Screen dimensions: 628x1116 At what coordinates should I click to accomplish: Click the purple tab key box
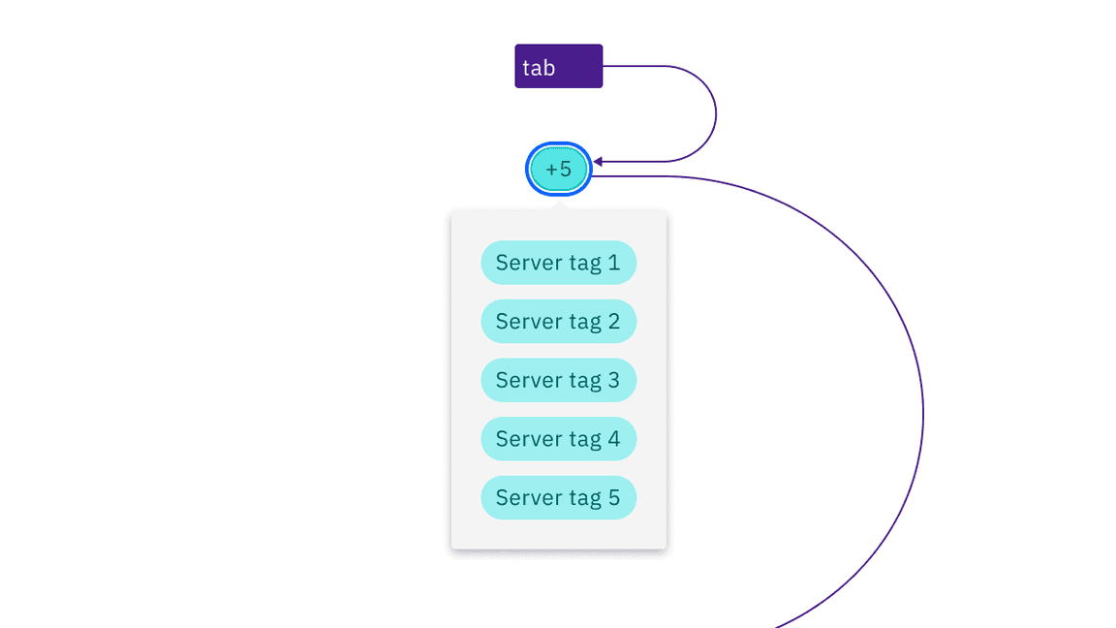[558, 66]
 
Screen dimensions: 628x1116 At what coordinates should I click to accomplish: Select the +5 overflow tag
[558, 170]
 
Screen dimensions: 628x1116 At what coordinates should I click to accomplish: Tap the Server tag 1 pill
[558, 263]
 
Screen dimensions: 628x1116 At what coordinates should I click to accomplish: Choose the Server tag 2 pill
[558, 322]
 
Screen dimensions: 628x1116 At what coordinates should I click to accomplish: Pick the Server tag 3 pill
[558, 380]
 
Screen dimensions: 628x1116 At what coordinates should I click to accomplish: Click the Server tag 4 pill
[558, 439]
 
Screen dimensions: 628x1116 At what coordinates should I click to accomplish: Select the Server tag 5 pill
[558, 497]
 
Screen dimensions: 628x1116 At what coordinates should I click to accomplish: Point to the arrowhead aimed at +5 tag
[599, 162]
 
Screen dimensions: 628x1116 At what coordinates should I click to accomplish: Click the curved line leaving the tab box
[715, 113]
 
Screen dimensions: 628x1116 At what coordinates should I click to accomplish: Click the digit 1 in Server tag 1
[613, 263]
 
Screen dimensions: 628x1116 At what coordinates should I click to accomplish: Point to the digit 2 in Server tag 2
[613, 322]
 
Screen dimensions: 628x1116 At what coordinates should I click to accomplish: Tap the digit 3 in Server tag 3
[613, 380]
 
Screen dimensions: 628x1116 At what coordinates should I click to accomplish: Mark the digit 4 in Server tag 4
[613, 439]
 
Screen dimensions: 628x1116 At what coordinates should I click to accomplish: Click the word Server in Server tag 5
[528, 497]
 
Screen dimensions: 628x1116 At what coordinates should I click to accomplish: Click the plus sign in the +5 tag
[551, 170]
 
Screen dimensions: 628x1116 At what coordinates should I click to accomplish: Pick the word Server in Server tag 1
[528, 263]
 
